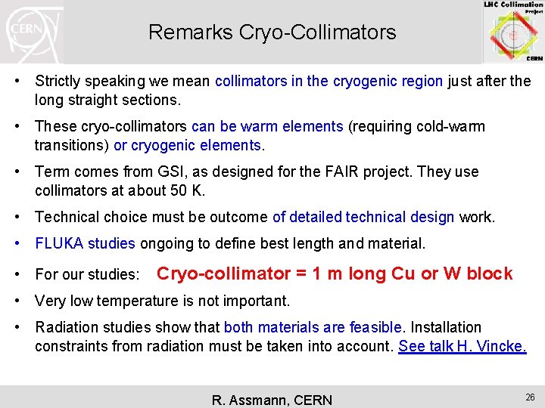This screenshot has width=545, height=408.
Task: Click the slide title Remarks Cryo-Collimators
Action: click(x=272, y=32)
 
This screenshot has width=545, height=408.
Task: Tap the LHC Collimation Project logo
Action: click(x=514, y=31)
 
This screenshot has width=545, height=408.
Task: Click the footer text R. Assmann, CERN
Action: click(x=270, y=400)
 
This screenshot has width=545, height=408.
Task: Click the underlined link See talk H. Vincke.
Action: click(x=462, y=347)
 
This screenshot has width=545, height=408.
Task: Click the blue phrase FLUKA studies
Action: click(x=85, y=244)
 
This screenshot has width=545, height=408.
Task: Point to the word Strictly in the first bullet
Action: click(x=60, y=81)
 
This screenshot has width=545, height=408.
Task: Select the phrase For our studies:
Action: click(x=87, y=274)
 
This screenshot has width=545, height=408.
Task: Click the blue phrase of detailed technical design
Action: click(x=363, y=218)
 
